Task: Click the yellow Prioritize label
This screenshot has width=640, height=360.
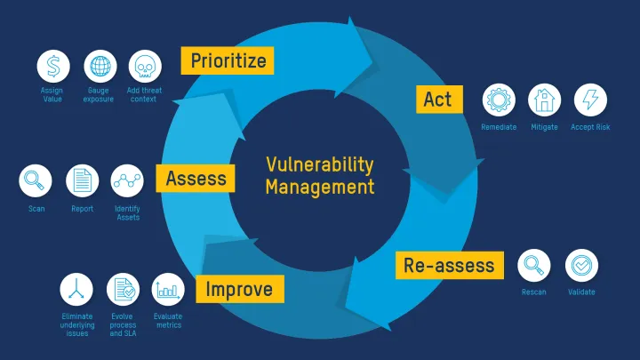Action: click(x=228, y=60)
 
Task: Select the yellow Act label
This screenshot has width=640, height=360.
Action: click(x=437, y=99)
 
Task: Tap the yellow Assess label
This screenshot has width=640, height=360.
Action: click(x=196, y=179)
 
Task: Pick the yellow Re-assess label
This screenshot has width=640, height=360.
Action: click(x=449, y=265)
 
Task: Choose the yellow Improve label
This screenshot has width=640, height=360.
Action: click(x=240, y=289)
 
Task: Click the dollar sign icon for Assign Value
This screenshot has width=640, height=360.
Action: click(x=53, y=67)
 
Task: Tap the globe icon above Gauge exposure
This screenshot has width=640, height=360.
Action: click(x=100, y=67)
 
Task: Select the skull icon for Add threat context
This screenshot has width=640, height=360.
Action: click(x=145, y=67)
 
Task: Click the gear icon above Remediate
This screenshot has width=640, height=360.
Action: click(x=499, y=100)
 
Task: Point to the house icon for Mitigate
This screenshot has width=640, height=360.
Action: click(x=544, y=100)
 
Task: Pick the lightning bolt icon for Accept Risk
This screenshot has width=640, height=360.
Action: click(x=590, y=100)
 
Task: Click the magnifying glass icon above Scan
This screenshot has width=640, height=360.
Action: click(x=36, y=181)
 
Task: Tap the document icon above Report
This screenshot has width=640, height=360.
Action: click(x=82, y=181)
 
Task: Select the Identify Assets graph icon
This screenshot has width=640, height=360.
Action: click(x=127, y=181)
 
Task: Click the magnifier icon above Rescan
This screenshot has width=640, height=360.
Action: click(x=534, y=265)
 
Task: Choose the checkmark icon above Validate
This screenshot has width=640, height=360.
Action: click(x=581, y=265)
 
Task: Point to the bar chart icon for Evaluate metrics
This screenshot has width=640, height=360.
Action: click(x=168, y=289)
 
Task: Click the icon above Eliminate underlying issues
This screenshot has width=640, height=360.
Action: click(x=76, y=289)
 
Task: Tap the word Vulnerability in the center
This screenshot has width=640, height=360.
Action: click(x=320, y=165)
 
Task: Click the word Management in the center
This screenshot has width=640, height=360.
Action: click(x=320, y=188)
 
